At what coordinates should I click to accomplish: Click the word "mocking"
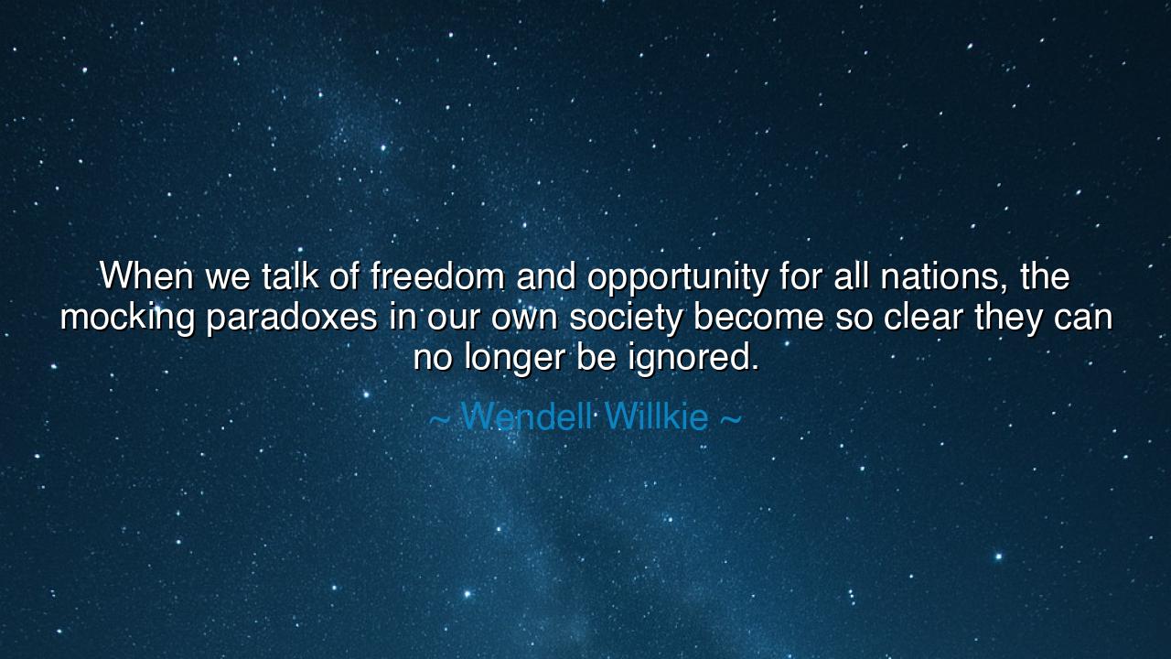(x=127, y=318)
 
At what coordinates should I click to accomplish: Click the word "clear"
(x=919, y=317)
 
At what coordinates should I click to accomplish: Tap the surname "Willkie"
(x=656, y=417)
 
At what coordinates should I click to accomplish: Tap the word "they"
(x=1007, y=318)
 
